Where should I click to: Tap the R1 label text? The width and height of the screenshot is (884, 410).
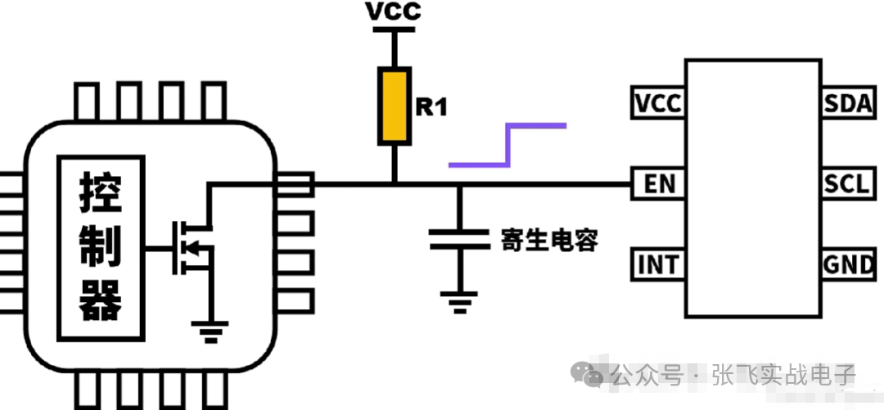(431, 106)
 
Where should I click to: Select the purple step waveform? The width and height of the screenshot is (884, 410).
(507, 145)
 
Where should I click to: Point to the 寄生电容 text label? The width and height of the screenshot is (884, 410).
(549, 240)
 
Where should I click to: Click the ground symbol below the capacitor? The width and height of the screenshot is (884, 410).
(459, 301)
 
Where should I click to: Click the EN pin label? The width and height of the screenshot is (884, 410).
(658, 184)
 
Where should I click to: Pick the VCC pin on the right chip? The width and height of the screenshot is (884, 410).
(658, 104)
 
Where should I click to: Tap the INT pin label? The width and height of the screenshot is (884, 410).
(658, 265)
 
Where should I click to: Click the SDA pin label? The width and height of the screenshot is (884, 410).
(849, 104)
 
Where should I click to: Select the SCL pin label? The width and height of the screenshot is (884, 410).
(848, 184)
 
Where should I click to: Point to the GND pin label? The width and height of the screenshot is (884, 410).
(849, 265)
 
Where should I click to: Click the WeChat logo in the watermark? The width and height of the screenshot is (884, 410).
(590, 374)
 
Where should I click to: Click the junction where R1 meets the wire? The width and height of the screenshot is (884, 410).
(394, 184)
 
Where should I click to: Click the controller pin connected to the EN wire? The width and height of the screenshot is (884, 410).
(295, 184)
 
